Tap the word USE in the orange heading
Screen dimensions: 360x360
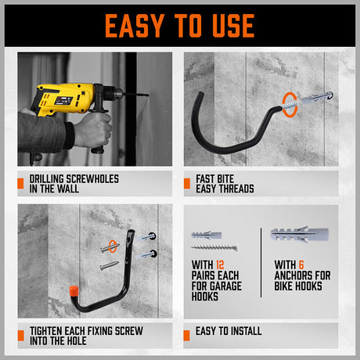click(x=231, y=25)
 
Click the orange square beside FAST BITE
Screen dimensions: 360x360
click(x=188, y=184)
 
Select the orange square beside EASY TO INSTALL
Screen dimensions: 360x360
click(x=188, y=335)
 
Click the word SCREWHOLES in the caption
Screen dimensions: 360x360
click(x=90, y=179)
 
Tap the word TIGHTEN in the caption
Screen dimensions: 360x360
click(x=50, y=330)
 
